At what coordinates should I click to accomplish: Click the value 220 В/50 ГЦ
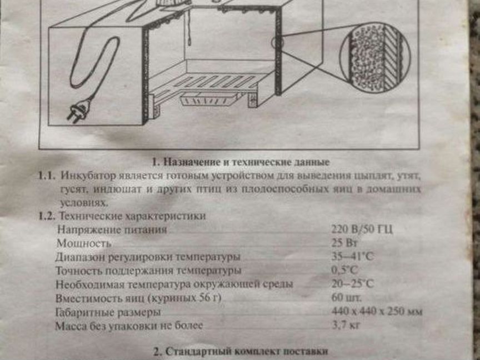point(362,230)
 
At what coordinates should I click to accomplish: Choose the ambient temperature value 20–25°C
point(352,284)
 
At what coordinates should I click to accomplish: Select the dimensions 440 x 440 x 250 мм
point(376,312)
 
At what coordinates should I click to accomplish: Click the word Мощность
point(83,243)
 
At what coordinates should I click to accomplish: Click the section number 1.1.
point(47,176)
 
